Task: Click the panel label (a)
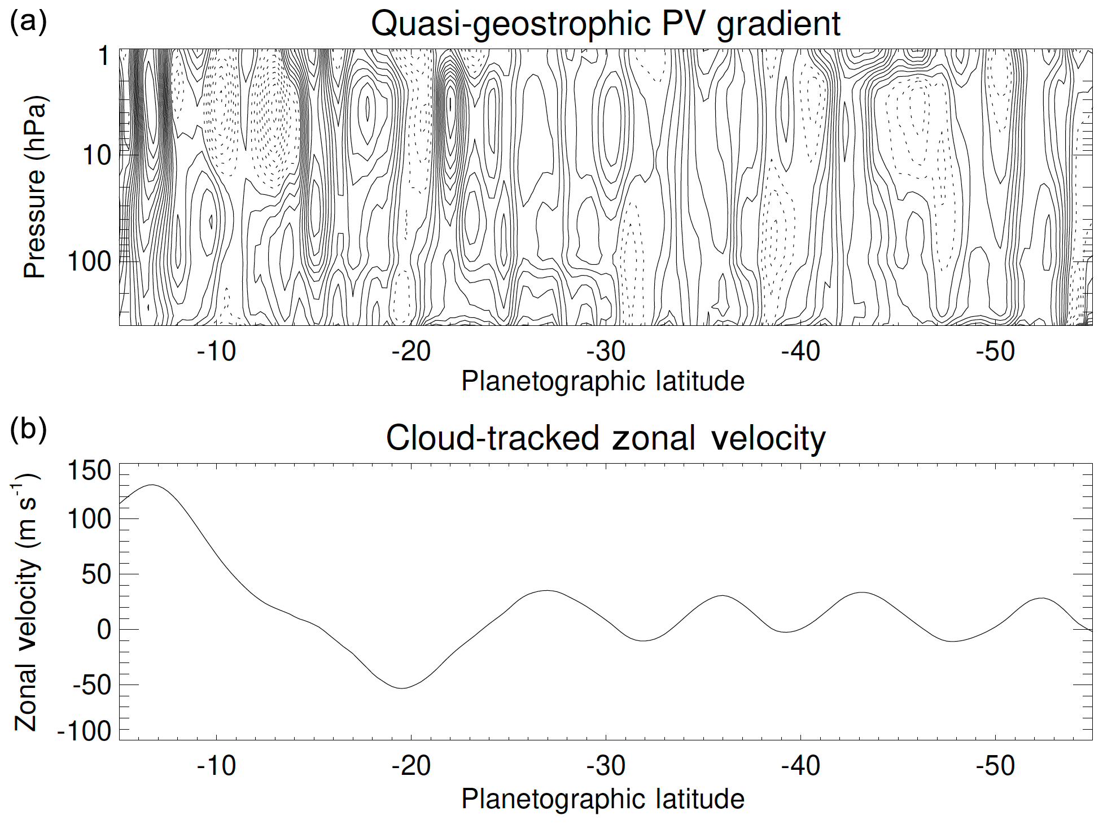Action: click(28, 23)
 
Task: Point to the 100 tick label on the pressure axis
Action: click(89, 261)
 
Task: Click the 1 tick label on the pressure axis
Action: click(104, 56)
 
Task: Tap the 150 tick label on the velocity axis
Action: click(89, 470)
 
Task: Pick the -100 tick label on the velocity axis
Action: click(85, 731)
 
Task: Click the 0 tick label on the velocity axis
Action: click(104, 630)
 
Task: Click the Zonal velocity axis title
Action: click(27, 601)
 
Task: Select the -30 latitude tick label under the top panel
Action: click(606, 352)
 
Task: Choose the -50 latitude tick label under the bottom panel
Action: click(996, 766)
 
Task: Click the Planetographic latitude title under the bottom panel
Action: click(603, 799)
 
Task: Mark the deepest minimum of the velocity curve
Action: click(402, 688)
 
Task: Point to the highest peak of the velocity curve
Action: click(152, 485)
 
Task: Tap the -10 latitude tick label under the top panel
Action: click(217, 352)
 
